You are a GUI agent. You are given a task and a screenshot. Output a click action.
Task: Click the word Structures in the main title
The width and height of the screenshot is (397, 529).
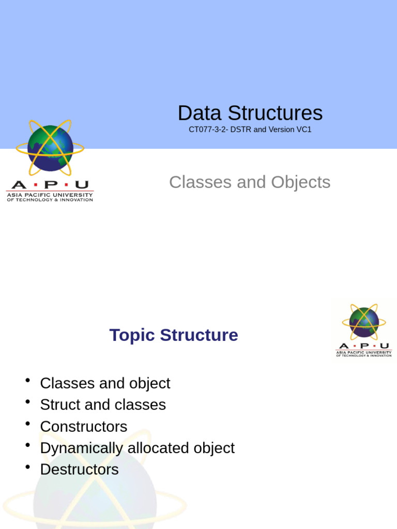(x=275, y=114)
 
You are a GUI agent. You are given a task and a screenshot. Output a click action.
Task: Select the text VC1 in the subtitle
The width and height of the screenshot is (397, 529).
(x=303, y=130)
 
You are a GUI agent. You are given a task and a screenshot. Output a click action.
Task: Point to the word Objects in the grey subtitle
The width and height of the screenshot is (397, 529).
(x=301, y=182)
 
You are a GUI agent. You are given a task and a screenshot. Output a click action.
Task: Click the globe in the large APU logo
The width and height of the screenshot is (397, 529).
(x=50, y=148)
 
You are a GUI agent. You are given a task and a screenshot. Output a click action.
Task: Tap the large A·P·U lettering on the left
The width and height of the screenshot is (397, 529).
(x=50, y=185)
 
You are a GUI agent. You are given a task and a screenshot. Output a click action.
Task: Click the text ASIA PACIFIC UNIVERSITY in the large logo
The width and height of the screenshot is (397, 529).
(x=50, y=195)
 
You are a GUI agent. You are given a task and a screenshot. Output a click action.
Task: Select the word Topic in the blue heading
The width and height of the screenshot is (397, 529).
(x=132, y=335)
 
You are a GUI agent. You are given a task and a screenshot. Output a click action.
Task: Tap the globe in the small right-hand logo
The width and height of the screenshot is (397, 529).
(x=364, y=322)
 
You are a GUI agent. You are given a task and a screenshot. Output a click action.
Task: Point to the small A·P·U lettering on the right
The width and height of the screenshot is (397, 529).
(x=364, y=346)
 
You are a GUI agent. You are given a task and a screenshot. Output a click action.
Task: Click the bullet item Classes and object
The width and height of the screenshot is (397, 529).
(x=105, y=383)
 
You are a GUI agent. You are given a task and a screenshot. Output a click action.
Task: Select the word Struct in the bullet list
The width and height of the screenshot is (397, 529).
(x=60, y=404)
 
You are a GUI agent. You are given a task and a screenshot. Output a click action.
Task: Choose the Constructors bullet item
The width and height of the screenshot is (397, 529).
(x=83, y=427)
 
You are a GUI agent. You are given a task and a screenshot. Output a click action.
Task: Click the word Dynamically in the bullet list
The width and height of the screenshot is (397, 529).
(x=82, y=448)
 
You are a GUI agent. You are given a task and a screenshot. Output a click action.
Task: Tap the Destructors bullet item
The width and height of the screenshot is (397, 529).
(x=79, y=470)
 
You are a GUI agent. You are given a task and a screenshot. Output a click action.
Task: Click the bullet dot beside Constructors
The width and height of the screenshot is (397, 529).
(x=27, y=424)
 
